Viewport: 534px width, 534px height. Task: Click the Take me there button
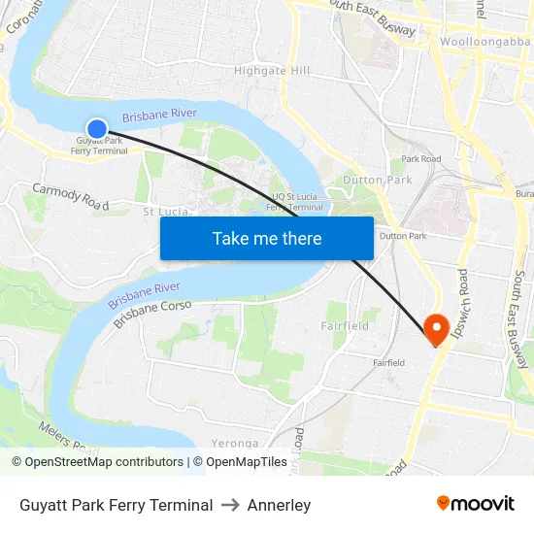(x=267, y=238)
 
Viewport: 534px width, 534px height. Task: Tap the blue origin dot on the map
(x=97, y=128)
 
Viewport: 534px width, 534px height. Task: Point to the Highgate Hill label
(x=272, y=71)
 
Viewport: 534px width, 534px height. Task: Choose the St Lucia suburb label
(x=166, y=212)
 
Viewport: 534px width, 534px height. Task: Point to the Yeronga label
(x=234, y=444)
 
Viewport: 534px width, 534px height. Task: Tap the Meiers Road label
(x=59, y=439)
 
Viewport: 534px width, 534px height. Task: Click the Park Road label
(x=421, y=158)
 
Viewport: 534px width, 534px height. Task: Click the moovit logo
(x=476, y=504)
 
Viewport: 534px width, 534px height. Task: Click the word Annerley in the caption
(x=279, y=505)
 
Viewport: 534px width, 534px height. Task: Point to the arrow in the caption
(x=230, y=505)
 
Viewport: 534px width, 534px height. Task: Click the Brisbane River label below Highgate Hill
(x=159, y=115)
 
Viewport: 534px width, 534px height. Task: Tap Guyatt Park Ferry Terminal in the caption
(x=116, y=505)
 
